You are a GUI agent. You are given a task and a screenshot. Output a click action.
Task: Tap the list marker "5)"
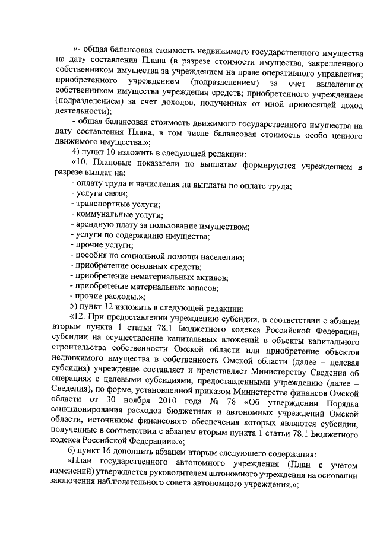(x=75, y=307)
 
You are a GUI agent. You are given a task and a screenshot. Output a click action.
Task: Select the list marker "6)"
(x=75, y=452)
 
